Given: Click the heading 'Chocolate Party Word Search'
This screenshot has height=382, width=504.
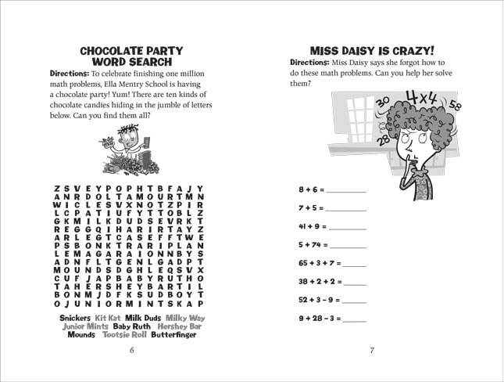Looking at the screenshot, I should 131,56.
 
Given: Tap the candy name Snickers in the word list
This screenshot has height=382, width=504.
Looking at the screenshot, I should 75,318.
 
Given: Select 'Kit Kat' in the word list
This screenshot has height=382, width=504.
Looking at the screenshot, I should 108,318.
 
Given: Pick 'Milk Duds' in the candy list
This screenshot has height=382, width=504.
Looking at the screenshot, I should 143,318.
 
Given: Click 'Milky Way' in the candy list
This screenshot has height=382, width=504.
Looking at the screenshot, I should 185,318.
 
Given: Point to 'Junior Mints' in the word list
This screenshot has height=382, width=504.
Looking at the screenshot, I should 85,326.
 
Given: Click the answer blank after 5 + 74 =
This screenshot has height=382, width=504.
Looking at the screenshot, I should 349,246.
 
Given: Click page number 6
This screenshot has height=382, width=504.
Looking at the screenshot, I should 131,350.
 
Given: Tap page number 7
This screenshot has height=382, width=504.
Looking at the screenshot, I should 372,350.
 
